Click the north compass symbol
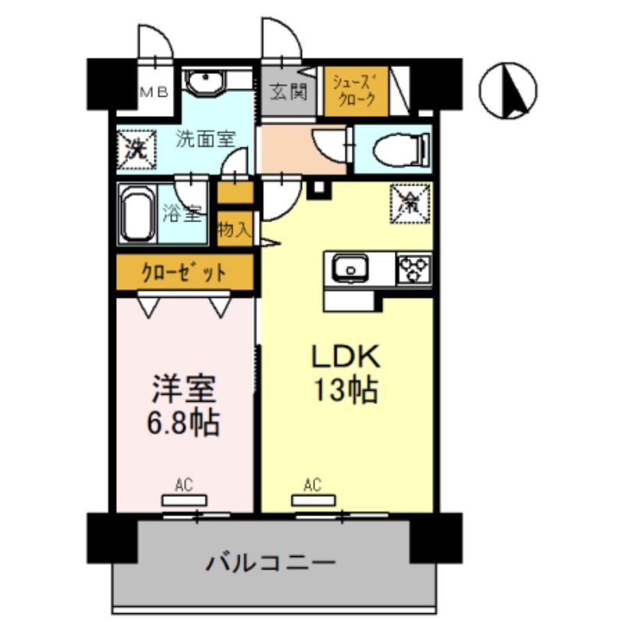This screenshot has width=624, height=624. tap(508, 91)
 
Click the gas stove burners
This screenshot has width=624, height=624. tap(413, 269)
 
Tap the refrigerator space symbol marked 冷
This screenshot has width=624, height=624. tap(409, 202)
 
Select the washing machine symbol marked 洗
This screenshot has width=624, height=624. tap(136, 147)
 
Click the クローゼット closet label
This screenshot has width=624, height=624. tap(184, 273)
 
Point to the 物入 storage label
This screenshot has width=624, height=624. tap(235, 230)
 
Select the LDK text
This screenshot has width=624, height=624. tap(346, 357)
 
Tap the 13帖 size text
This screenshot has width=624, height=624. tap(346, 389)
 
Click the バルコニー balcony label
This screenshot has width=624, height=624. tap(271, 562)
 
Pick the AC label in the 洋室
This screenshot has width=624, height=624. tap(183, 486)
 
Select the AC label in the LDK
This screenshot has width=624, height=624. tap(313, 486)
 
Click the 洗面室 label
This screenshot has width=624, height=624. tap(205, 140)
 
